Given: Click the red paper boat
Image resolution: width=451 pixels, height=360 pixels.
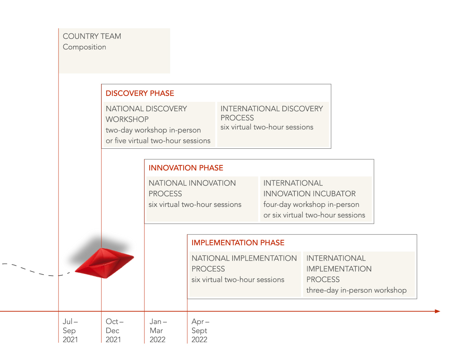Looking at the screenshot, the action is click(x=104, y=263).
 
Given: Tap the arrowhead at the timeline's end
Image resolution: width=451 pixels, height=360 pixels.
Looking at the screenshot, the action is click(x=438, y=311).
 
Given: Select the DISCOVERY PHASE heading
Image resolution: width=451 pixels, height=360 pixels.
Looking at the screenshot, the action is click(x=140, y=93).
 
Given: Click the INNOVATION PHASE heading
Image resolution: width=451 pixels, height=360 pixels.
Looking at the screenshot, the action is click(x=186, y=168).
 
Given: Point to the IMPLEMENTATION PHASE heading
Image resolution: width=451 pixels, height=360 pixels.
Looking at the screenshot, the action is click(x=238, y=243).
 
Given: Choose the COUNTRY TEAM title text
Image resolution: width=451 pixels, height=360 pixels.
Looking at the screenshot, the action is click(x=92, y=36).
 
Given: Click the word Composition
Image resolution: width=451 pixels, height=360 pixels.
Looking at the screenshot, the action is click(x=84, y=47).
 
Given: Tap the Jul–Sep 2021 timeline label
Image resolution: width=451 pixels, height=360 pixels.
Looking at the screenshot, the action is click(x=70, y=331).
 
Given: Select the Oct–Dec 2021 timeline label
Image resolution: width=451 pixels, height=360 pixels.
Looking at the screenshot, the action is click(x=114, y=331).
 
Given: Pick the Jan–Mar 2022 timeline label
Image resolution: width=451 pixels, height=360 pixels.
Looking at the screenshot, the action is click(x=158, y=331).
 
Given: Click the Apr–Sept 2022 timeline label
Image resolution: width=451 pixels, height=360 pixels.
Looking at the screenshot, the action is click(x=200, y=331).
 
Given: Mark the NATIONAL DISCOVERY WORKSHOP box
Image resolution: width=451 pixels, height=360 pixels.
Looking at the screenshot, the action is click(x=159, y=124).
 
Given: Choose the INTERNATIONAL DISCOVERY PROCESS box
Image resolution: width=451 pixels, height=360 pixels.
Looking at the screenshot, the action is click(x=273, y=124).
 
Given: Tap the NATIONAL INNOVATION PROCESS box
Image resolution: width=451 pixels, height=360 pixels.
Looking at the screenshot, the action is click(x=202, y=199).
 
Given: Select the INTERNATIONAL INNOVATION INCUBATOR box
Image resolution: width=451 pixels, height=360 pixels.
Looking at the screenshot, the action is click(x=316, y=199).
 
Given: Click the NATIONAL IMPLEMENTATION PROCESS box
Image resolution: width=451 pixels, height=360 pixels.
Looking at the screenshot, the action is click(x=245, y=274).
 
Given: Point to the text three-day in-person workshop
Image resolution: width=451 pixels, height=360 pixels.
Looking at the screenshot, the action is click(x=357, y=290).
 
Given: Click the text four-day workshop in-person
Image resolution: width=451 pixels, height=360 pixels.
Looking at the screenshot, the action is click(x=311, y=204).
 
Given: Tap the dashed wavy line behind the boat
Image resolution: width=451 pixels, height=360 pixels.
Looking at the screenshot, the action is click(x=36, y=270).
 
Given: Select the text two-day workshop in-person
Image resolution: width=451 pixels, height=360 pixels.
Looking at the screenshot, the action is click(x=153, y=130).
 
